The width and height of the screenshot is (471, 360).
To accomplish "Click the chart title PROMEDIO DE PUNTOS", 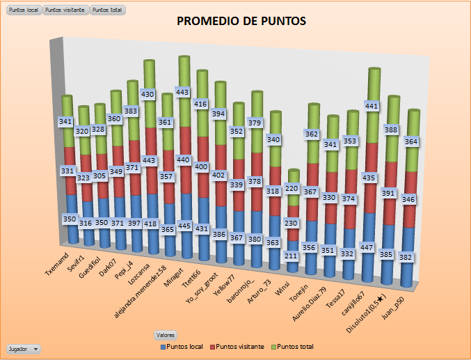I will click(241, 21).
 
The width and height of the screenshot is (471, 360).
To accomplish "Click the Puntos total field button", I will click(107, 10).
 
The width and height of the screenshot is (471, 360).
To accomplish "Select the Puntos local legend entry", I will click(184, 346).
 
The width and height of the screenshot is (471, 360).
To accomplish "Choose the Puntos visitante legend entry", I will click(237, 346).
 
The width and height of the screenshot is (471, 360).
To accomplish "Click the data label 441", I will click(372, 106).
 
